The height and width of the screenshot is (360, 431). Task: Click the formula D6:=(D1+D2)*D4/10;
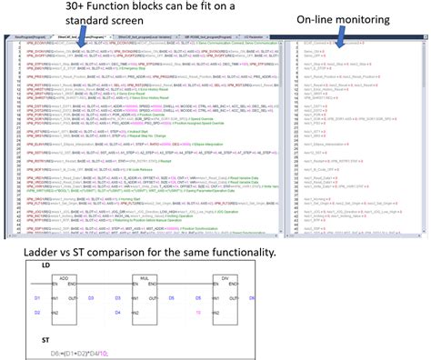69,349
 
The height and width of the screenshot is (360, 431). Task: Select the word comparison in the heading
125,247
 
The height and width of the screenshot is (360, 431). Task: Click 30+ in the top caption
53,8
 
